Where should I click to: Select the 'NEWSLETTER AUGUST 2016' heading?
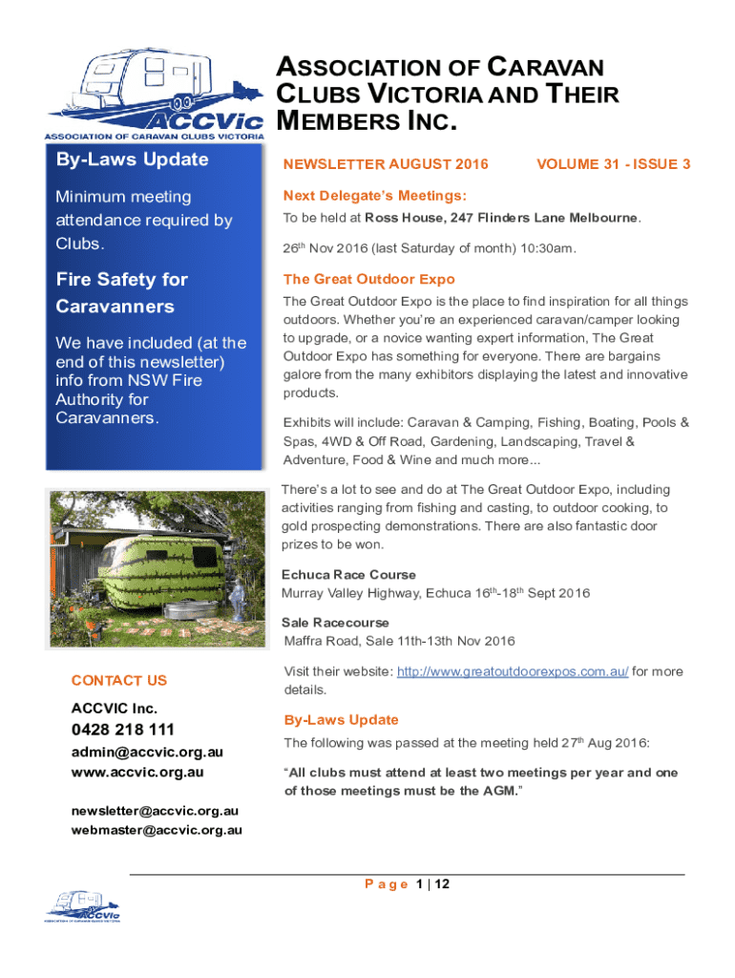[x=386, y=164]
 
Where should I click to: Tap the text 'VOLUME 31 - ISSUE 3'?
[x=614, y=164]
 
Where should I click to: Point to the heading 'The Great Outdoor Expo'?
[x=368, y=280]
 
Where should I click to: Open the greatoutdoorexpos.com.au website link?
[x=512, y=671]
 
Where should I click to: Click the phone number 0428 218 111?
[x=123, y=731]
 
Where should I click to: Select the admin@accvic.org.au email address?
[x=147, y=753]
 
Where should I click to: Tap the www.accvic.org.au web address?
[x=137, y=772]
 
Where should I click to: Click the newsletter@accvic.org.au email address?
[x=155, y=811]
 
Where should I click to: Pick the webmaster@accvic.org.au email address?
[x=157, y=830]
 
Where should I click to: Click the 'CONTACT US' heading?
[x=118, y=681]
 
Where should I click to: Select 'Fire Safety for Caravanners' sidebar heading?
[x=121, y=293]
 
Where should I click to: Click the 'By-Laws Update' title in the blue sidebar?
[x=132, y=159]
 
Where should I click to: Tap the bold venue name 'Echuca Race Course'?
[x=348, y=575]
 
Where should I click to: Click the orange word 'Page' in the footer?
[x=388, y=884]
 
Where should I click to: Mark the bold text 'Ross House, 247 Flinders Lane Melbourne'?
[x=501, y=218]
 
